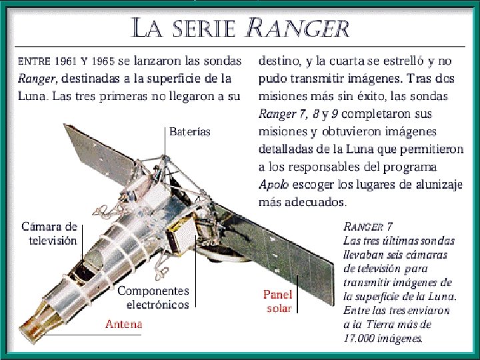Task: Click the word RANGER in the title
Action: pos(298,28)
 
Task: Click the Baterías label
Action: pos(190,131)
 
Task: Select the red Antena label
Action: pos(124,324)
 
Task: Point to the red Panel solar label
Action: pos(277,301)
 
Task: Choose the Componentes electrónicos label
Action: pos(154,297)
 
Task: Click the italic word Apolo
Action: pos(273,183)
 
